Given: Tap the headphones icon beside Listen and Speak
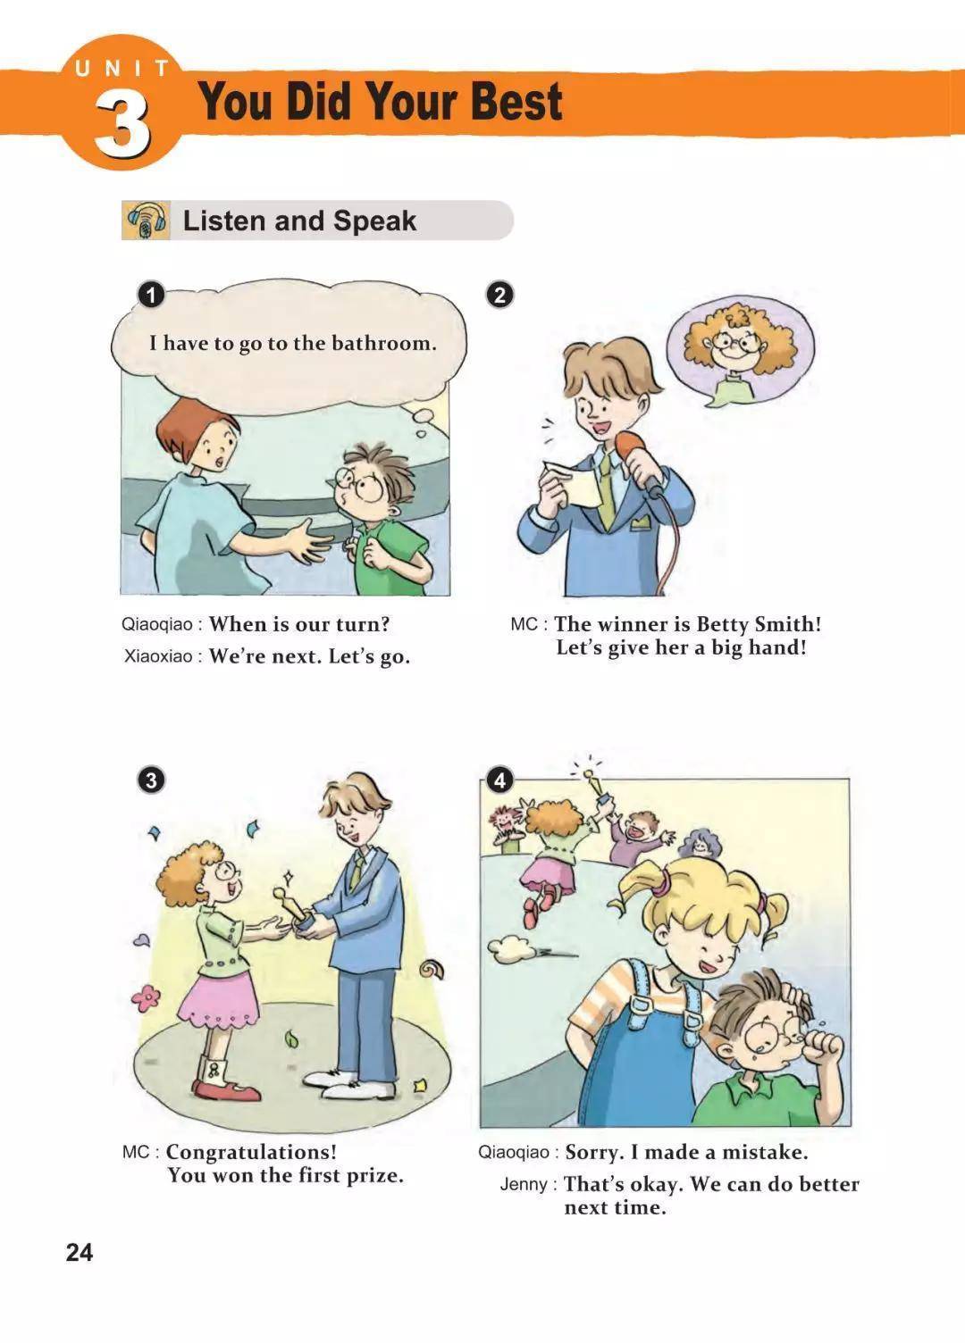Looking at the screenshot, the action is click(x=146, y=221).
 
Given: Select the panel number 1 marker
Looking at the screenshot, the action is click(x=151, y=295).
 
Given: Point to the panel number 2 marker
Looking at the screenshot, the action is click(x=500, y=295).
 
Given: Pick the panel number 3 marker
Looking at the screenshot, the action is click(x=151, y=780).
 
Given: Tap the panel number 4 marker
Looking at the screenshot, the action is click(x=500, y=780).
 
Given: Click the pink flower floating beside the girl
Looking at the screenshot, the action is click(x=146, y=998).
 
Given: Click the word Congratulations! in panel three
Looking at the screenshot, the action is click(x=251, y=1151).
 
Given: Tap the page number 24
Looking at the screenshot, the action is click(x=80, y=1253).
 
